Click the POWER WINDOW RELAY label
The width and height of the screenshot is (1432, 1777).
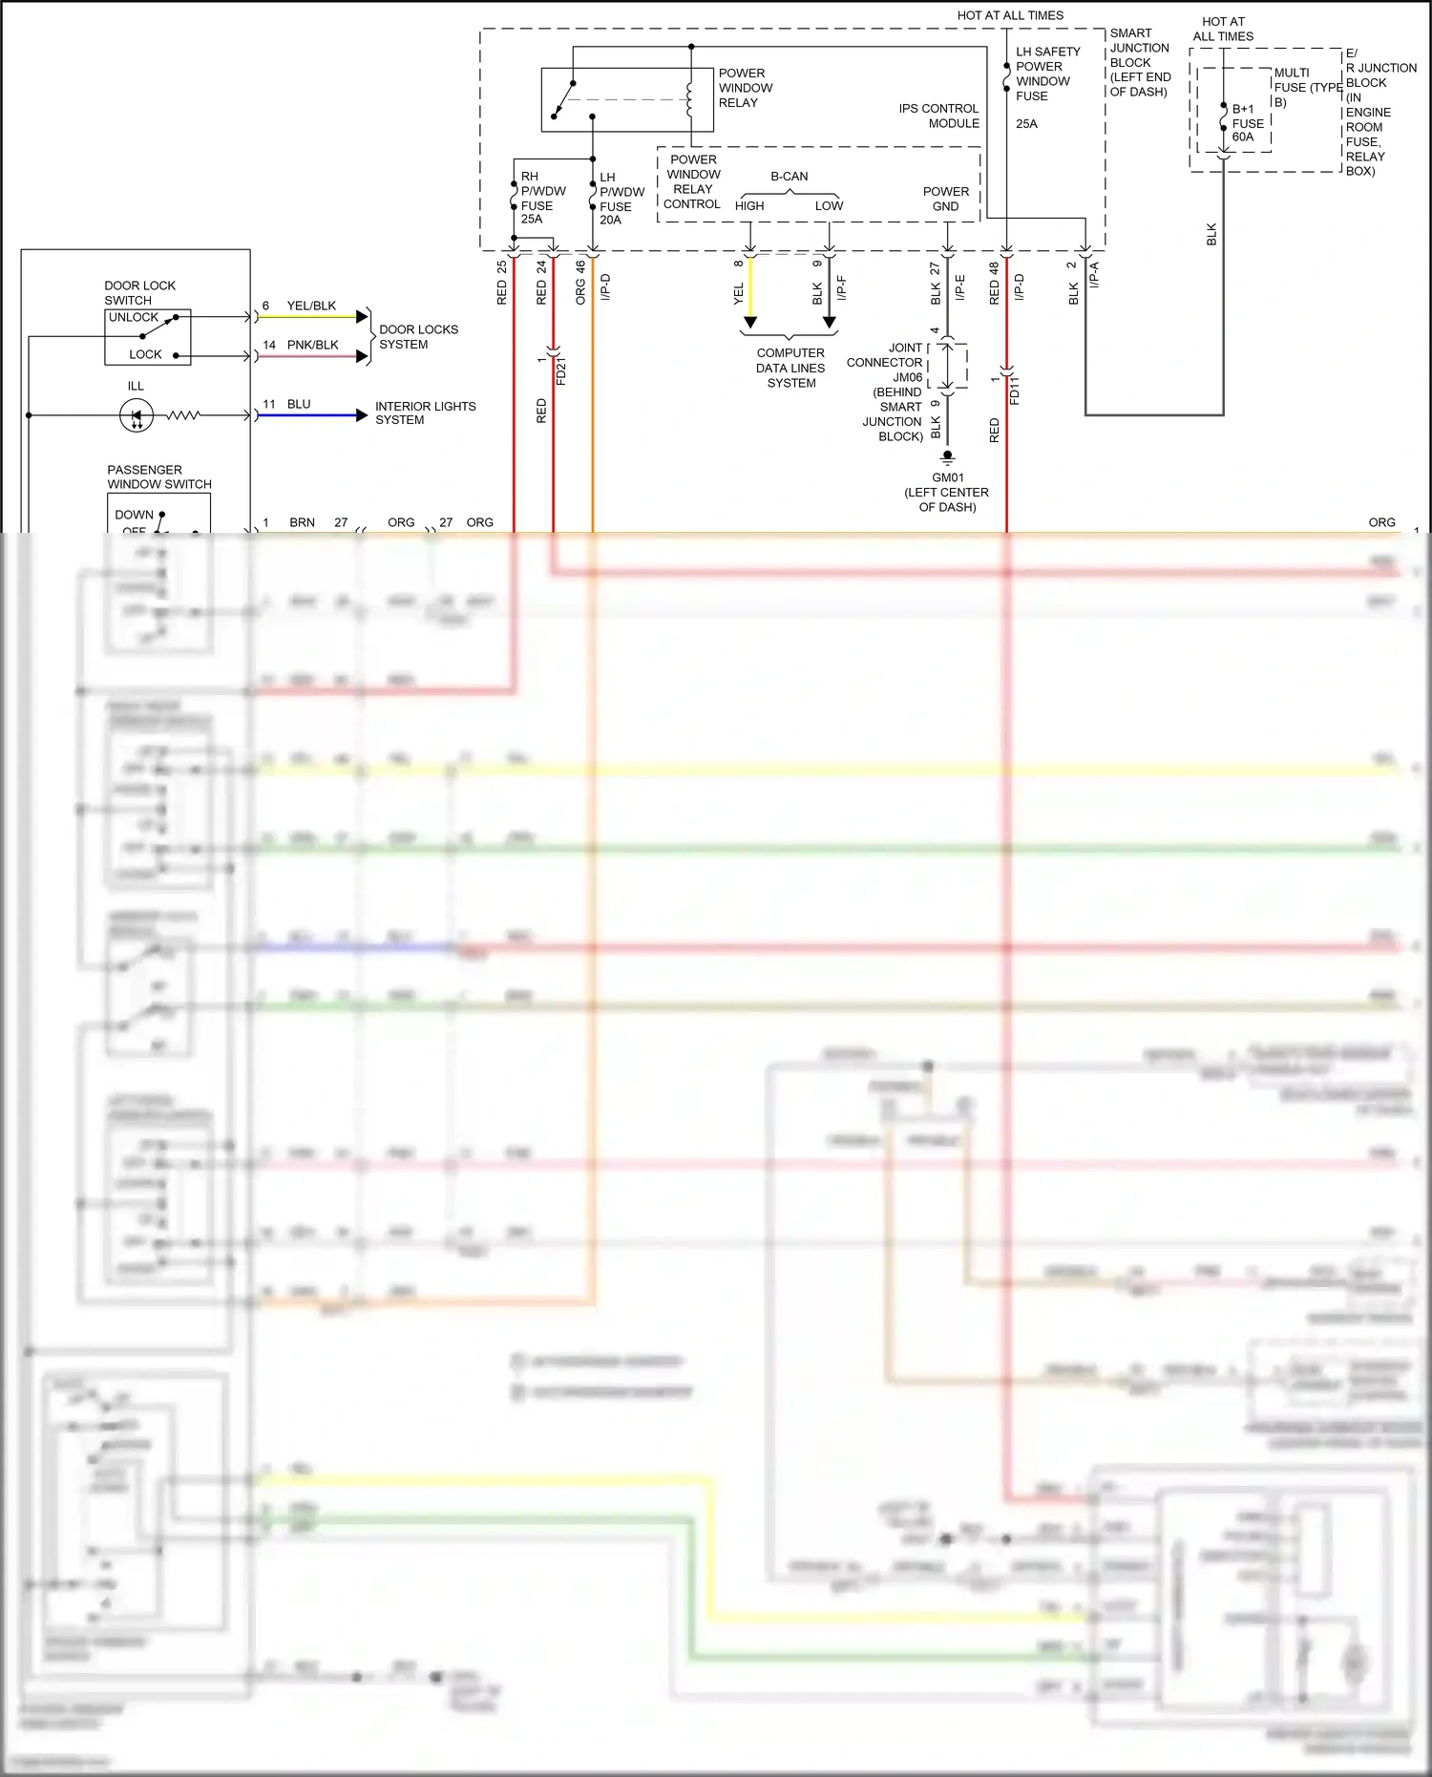pyautogui.click(x=745, y=88)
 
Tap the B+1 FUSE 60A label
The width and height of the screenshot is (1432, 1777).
pyautogui.click(x=1247, y=123)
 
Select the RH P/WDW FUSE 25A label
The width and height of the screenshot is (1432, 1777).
pyautogui.click(x=542, y=198)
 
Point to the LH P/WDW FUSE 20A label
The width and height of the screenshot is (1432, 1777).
pyautogui.click(x=621, y=199)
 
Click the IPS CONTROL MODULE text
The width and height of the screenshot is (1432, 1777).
pyautogui.click(x=938, y=116)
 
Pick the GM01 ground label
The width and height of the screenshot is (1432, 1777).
pyautogui.click(x=947, y=477)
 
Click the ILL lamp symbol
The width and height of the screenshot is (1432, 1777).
pyautogui.click(x=137, y=415)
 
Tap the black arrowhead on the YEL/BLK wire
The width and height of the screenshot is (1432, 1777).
pyautogui.click(x=362, y=316)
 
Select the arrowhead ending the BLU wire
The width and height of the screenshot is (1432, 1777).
pyautogui.click(x=362, y=415)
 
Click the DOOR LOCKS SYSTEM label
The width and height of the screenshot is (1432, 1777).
pyautogui.click(x=418, y=336)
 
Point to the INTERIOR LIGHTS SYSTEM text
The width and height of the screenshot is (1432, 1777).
pyautogui.click(x=425, y=413)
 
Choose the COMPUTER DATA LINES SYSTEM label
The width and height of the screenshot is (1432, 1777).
pyautogui.click(x=790, y=368)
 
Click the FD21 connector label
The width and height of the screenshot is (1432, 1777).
pyautogui.click(x=561, y=370)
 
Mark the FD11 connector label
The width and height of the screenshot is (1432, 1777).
pyautogui.click(x=1015, y=390)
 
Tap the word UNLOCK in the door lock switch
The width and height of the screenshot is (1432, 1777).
pyautogui.click(x=134, y=317)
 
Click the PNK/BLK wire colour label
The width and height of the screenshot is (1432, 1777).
pyautogui.click(x=312, y=345)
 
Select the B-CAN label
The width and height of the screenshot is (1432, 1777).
pyautogui.click(x=789, y=177)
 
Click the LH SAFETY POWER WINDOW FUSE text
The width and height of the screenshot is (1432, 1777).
pyautogui.click(x=1047, y=74)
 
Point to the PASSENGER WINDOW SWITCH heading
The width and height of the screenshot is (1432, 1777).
pyautogui.click(x=158, y=476)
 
